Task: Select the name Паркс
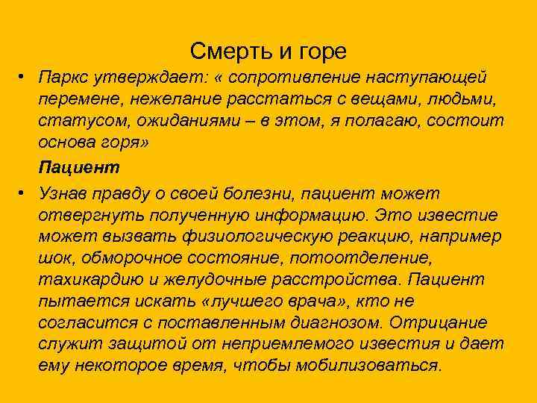(x=66, y=78)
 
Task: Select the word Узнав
(x=65, y=193)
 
